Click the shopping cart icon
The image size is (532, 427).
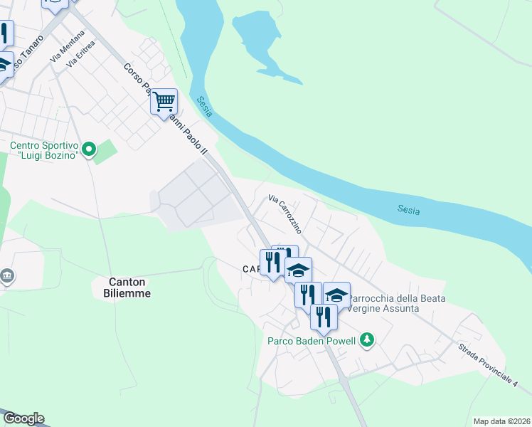(x=164, y=102)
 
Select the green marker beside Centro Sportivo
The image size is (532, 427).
(x=89, y=149)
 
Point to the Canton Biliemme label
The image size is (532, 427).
(x=120, y=287)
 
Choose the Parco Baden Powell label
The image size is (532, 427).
(x=311, y=340)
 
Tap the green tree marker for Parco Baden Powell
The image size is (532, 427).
(x=366, y=339)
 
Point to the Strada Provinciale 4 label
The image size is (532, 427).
(x=488, y=366)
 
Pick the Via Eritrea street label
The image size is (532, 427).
(x=80, y=56)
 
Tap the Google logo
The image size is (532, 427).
(x=23, y=418)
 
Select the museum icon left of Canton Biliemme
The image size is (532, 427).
(x=6, y=275)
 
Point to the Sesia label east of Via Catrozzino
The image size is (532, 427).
(x=408, y=210)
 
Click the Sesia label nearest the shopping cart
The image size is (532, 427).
(x=205, y=107)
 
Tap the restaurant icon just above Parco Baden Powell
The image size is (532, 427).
(x=324, y=317)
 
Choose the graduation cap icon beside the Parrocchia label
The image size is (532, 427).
(x=336, y=294)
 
